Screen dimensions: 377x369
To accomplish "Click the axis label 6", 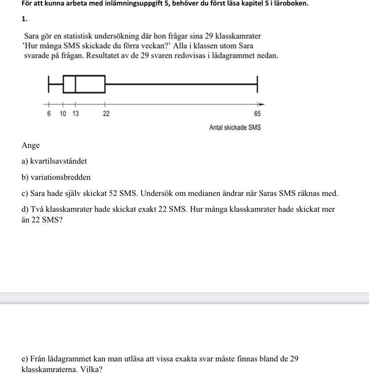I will (49, 114).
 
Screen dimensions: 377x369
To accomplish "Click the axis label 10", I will (63, 114).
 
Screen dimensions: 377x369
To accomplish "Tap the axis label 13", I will (75, 114).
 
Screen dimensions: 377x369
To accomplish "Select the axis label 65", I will (257, 114).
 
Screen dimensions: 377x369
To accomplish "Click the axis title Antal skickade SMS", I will (235, 128).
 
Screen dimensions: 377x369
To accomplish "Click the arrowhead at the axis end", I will (262, 104).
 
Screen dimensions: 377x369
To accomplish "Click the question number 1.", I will (24, 19).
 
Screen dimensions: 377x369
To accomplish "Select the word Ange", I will (31, 146).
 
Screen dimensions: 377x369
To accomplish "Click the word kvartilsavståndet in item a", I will (59, 161).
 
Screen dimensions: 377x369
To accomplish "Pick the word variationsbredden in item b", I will (60, 177).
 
